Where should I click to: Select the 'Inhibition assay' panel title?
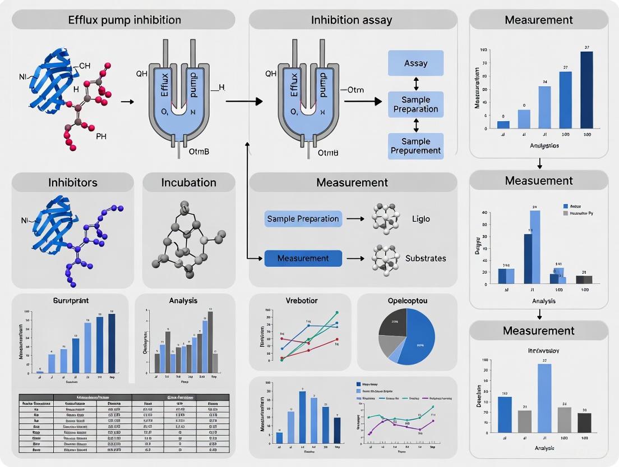[x=352, y=20]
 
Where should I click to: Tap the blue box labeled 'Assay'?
[x=415, y=63]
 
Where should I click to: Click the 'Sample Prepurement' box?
[x=415, y=145]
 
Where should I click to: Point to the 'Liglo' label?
[x=421, y=218]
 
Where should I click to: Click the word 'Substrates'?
[x=426, y=258]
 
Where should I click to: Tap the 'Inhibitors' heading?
[x=72, y=183]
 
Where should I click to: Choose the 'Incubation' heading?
[x=188, y=183]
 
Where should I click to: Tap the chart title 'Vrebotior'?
[x=302, y=300]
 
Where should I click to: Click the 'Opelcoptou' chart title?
[x=407, y=300]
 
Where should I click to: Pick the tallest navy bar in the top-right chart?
[x=586, y=90]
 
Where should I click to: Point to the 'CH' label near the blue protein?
[x=84, y=66]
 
